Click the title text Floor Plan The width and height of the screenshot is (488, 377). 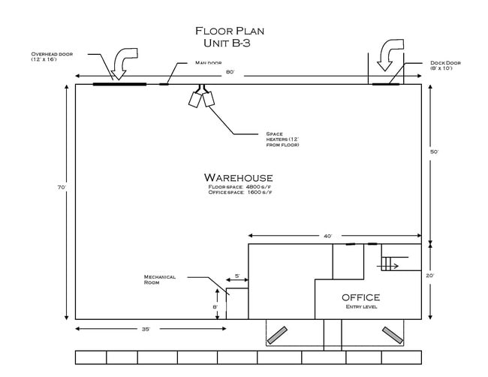[x=230, y=31]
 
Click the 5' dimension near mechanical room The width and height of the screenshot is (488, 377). [x=236, y=276]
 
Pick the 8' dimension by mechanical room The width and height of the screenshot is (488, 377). [x=215, y=306]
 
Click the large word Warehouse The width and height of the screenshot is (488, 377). [x=238, y=177]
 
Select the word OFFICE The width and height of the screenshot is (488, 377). [x=361, y=297]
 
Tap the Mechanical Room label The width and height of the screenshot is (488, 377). [x=160, y=279]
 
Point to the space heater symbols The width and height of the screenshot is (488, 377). [x=202, y=98]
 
